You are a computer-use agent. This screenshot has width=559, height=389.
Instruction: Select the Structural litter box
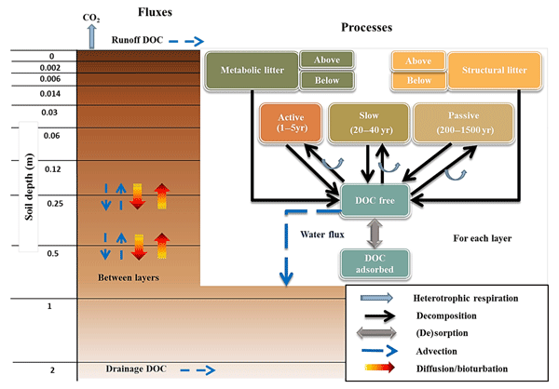[494, 70]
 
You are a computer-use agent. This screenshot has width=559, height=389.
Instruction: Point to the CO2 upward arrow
[90, 36]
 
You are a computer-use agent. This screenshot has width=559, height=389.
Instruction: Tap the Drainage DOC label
[136, 370]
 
